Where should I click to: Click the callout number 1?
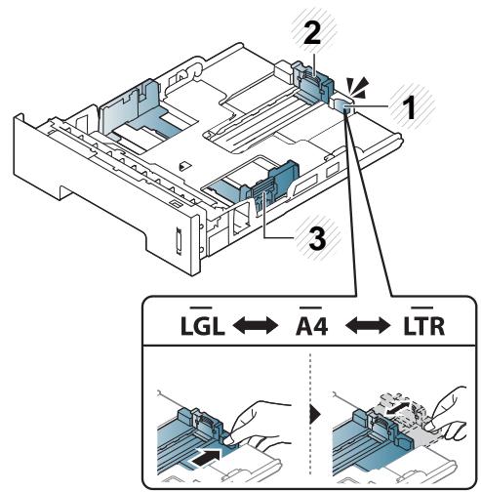pyautogui.click(x=409, y=107)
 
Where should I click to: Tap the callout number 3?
pyautogui.click(x=317, y=238)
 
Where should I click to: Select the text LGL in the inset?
pyautogui.click(x=203, y=326)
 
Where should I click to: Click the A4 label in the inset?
pyautogui.click(x=312, y=326)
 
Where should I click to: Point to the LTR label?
pyautogui.click(x=423, y=326)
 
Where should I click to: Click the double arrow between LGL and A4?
pyautogui.click(x=256, y=326)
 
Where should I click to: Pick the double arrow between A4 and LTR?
pyautogui.click(x=368, y=326)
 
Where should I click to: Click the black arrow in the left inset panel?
pyautogui.click(x=206, y=459)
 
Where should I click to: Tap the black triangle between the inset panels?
pyautogui.click(x=315, y=415)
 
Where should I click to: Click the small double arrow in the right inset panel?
pyautogui.click(x=396, y=408)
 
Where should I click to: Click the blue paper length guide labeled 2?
pyautogui.click(x=312, y=84)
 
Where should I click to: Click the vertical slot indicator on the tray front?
pyautogui.click(x=178, y=240)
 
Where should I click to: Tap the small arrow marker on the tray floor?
pyautogui.click(x=184, y=166)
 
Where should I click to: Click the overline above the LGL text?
pyautogui.click(x=201, y=307)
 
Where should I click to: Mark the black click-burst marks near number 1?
pyautogui.click(x=358, y=87)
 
